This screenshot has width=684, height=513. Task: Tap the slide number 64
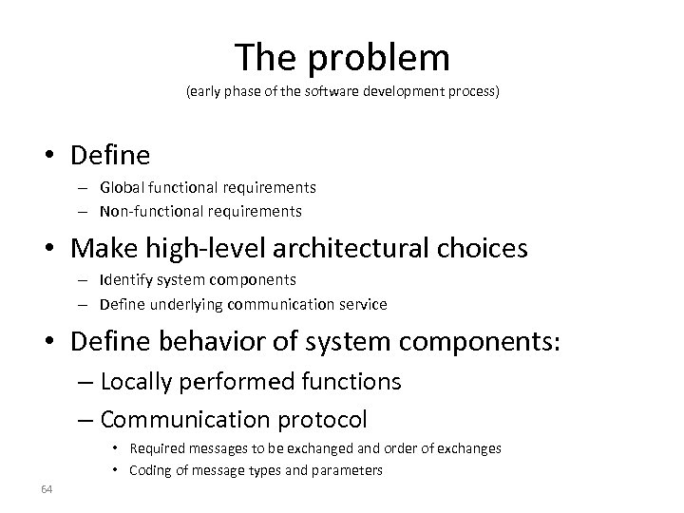pyautogui.click(x=47, y=489)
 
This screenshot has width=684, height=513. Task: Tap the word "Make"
pyautogui.click(x=102, y=248)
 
